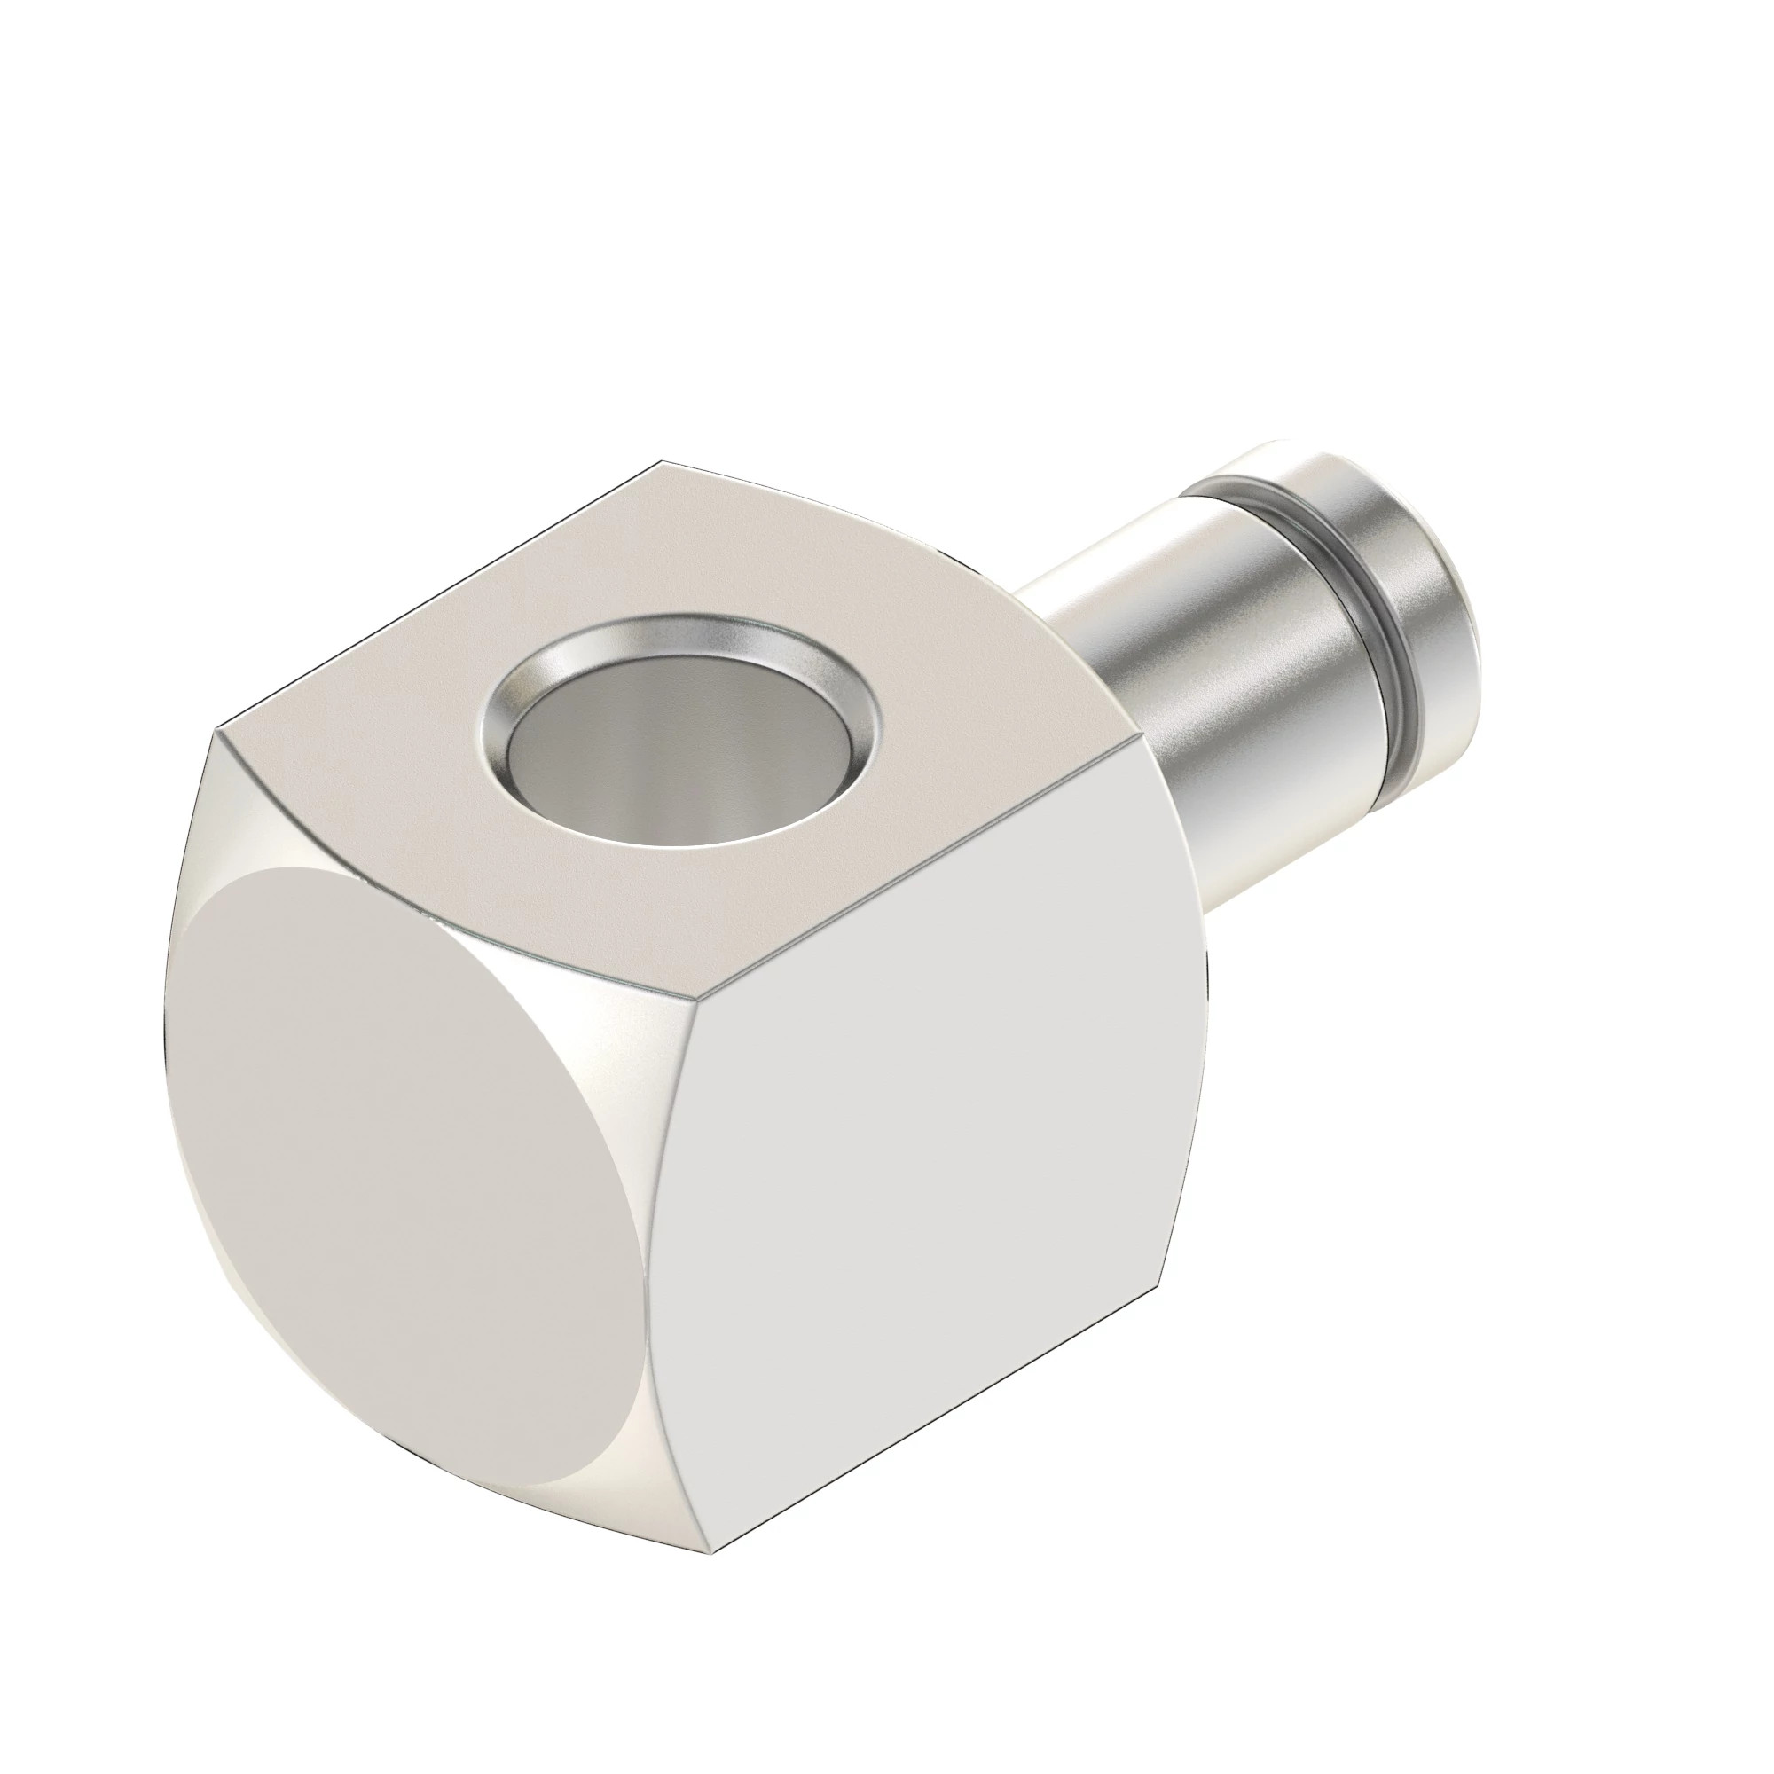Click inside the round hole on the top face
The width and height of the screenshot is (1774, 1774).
[679, 749]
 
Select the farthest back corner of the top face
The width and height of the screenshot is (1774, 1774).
[663, 461]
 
